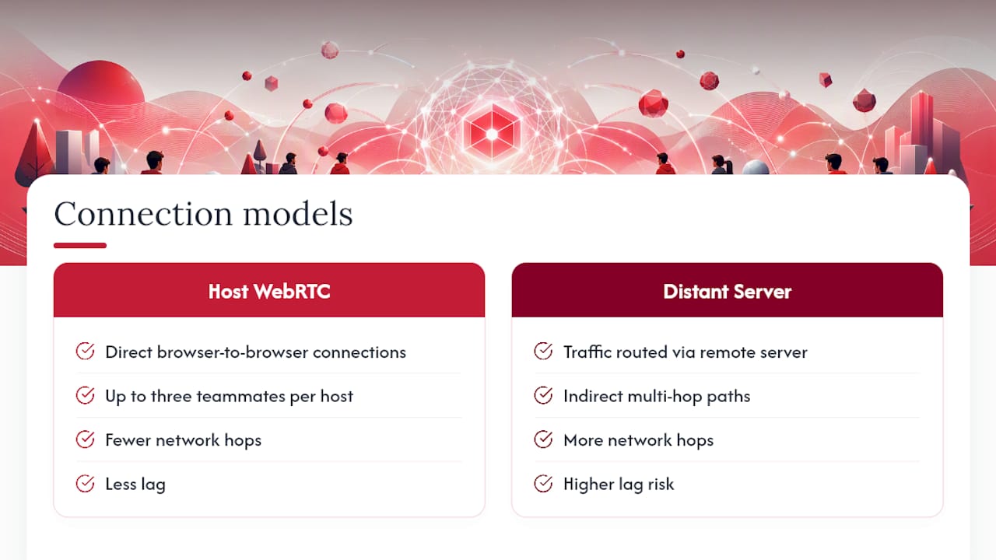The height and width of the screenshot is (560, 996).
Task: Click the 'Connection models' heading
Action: [203, 214]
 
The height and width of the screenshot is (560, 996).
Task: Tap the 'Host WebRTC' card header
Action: [269, 290]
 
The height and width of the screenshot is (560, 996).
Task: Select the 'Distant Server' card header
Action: [727, 290]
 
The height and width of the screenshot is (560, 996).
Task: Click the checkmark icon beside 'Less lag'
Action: [85, 484]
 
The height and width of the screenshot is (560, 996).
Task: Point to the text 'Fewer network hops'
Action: [183, 440]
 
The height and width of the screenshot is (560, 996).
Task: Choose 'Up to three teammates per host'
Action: [229, 396]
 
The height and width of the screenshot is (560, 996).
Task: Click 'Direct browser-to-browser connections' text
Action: [256, 352]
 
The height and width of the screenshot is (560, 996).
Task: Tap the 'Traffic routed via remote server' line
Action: [686, 352]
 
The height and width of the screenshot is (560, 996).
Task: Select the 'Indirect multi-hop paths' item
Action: [657, 396]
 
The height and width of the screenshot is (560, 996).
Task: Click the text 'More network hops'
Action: [639, 440]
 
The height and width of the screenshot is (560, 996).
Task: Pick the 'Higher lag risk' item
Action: [619, 484]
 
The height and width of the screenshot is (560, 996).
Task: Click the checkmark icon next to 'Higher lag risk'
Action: [543, 484]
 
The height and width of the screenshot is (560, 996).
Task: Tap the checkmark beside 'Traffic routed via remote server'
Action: [543, 351]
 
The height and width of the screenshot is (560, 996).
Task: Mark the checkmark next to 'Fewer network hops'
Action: [85, 439]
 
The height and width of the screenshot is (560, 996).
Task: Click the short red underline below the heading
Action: [80, 245]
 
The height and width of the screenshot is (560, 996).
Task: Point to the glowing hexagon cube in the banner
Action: [492, 132]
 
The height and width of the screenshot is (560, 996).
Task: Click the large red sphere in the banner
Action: [100, 86]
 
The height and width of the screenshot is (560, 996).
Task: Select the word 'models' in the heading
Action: [298, 214]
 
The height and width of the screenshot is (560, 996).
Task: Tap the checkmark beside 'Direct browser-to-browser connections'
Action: [85, 351]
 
